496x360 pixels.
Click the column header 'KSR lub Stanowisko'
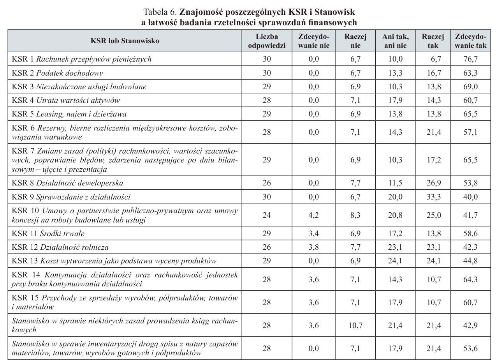click(125, 41)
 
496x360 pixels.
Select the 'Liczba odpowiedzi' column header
click(267, 41)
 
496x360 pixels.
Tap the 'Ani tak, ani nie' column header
click(395, 41)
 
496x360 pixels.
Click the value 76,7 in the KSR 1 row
click(470, 59)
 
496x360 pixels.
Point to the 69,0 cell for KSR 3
click(470, 86)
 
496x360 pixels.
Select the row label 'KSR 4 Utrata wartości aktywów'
click(66, 101)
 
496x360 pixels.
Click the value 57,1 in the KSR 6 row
click(470, 132)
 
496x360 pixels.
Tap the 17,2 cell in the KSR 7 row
click(433, 160)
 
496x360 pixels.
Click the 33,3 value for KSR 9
click(433, 197)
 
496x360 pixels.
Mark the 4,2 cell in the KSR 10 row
click(313, 215)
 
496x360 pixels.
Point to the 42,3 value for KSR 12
click(470, 247)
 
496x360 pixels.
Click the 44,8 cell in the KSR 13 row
click(470, 261)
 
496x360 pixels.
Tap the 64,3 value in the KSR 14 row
click(470, 279)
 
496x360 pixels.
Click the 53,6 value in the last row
click(470, 349)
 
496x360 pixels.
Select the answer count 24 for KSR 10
click(267, 215)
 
